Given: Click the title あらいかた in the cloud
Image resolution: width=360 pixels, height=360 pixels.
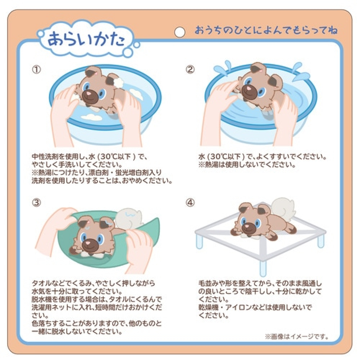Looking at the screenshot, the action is [x=86, y=39].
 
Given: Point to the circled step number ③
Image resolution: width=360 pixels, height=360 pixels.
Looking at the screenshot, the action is [x=36, y=203].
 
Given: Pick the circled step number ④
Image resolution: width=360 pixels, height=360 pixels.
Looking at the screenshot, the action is [x=190, y=203].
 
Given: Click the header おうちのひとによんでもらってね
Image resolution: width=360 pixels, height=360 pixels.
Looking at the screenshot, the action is [x=266, y=30].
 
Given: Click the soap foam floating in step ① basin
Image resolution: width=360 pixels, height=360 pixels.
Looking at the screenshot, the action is [x=92, y=117].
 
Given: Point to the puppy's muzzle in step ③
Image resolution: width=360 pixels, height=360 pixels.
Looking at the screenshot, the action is [x=89, y=245].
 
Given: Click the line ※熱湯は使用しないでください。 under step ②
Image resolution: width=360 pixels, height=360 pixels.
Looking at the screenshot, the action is [x=247, y=165].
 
